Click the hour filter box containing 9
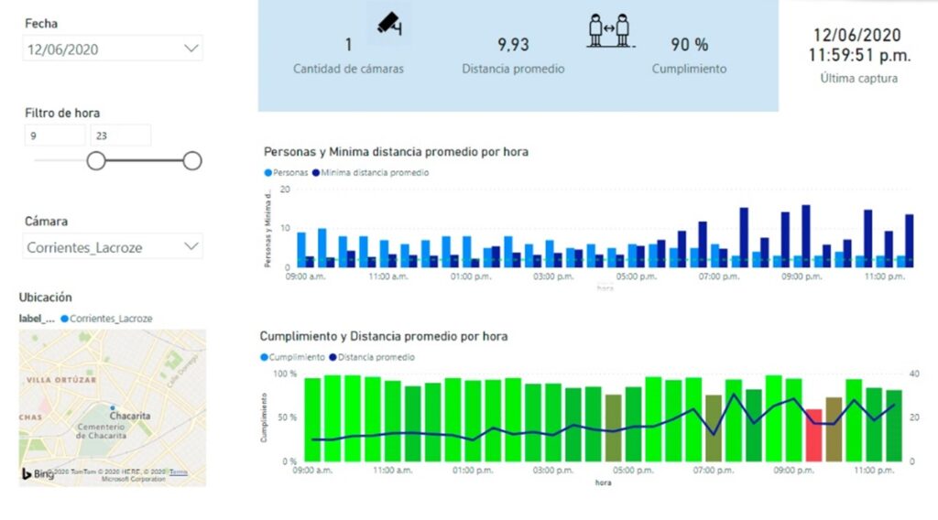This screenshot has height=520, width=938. (x=55, y=135)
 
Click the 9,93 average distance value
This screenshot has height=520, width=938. (x=513, y=45)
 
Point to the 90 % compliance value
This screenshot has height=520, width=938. (x=689, y=45)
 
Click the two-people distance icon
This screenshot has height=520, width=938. (x=609, y=29)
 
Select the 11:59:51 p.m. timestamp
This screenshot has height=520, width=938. (x=859, y=56)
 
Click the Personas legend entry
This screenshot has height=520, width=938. (x=288, y=172)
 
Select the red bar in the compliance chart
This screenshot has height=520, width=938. (x=813, y=435)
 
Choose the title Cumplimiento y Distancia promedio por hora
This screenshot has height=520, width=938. (x=383, y=336)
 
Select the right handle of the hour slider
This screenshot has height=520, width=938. (x=192, y=161)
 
